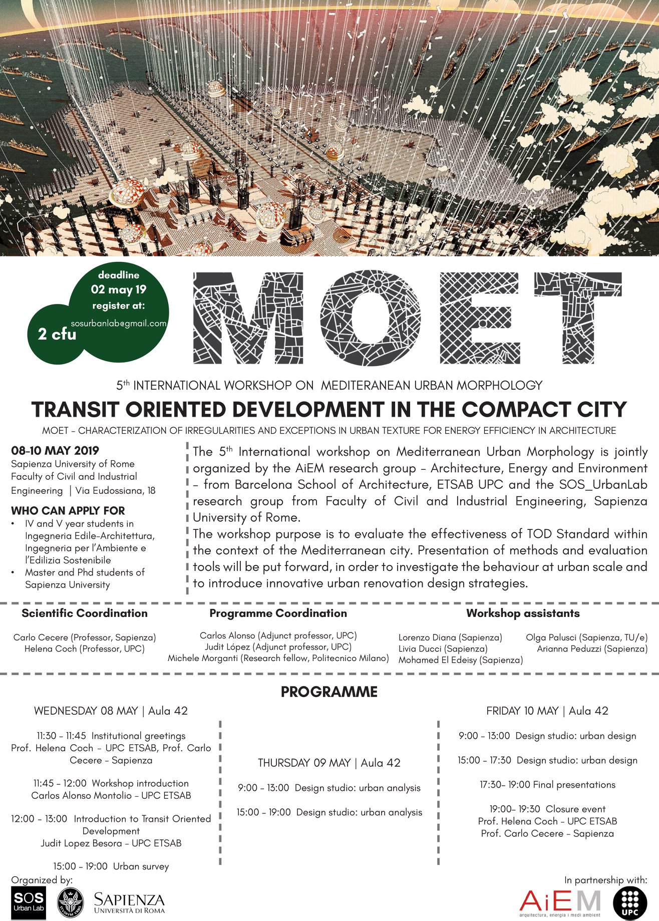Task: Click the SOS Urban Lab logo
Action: coord(28,902)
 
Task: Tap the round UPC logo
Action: coord(630,903)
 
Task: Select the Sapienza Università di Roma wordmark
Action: coord(129,902)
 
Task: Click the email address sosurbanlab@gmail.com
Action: coord(119,324)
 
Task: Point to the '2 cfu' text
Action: coord(57,334)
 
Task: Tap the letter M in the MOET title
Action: coord(248,318)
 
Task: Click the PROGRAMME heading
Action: coord(329,692)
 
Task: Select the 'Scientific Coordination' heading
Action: coord(85,613)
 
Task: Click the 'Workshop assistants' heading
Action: coord(523,613)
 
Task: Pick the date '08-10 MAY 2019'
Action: coord(55,450)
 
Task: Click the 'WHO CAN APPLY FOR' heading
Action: coord(68,511)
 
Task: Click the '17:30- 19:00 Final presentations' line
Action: coord(547,785)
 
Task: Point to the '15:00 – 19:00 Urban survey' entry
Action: coord(111,866)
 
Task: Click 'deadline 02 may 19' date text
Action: coord(119,289)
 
